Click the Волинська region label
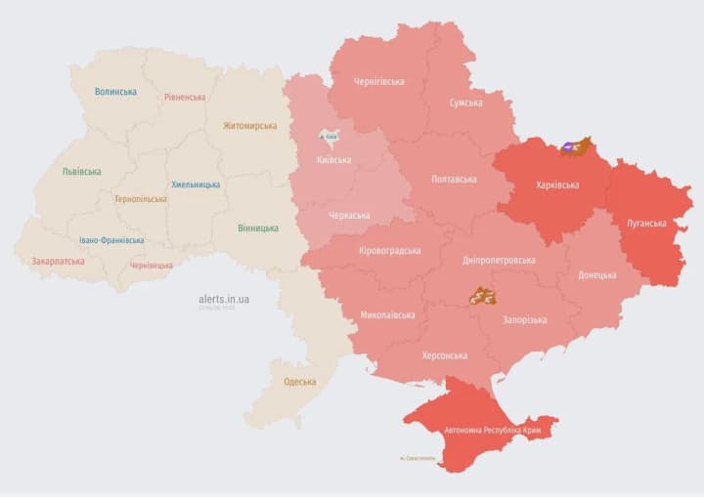pyautogui.click(x=115, y=92)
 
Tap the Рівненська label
pyautogui.click(x=185, y=97)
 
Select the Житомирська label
pyautogui.click(x=249, y=125)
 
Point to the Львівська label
pyautogui.click(x=81, y=172)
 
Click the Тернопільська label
pyautogui.click(x=140, y=199)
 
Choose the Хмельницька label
pyautogui.click(x=196, y=185)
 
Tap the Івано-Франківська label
pyautogui.click(x=111, y=240)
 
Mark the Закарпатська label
pyautogui.click(x=58, y=262)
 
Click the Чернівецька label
pyautogui.click(x=152, y=266)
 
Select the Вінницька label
pyautogui.click(x=257, y=228)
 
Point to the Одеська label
pyautogui.click(x=299, y=382)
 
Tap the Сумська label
pyautogui.click(x=465, y=103)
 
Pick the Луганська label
pyautogui.click(x=647, y=224)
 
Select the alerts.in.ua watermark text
pyautogui.click(x=223, y=299)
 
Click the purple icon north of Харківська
pyautogui.click(x=568, y=149)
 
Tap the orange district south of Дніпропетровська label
pyautogui.click(x=481, y=295)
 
